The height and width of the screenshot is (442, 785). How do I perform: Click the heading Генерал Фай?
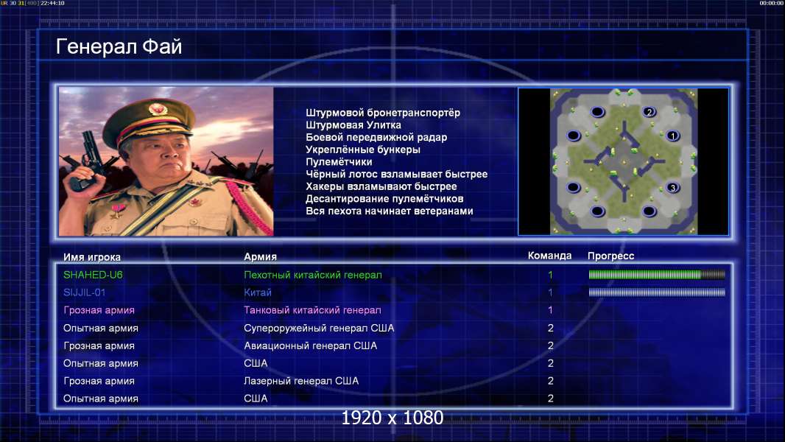(x=119, y=46)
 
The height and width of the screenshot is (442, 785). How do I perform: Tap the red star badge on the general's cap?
(x=157, y=108)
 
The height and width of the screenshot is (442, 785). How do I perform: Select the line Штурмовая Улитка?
(x=353, y=125)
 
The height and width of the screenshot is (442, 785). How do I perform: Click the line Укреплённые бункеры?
(x=363, y=150)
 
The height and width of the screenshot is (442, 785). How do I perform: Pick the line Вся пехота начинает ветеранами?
(x=389, y=211)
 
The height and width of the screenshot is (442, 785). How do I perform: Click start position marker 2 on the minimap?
(x=650, y=112)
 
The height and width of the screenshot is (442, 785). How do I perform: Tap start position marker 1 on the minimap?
(x=673, y=136)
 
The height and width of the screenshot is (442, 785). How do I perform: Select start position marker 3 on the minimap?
(x=673, y=188)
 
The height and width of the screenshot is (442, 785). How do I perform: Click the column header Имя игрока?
(x=91, y=257)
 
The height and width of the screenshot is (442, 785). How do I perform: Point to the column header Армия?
(x=260, y=257)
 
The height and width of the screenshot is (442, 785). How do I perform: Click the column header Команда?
(x=549, y=256)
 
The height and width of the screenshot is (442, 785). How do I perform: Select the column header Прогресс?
(x=610, y=256)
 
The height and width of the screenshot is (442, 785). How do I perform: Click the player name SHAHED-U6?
(x=93, y=275)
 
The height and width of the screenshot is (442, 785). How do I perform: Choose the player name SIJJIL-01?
(x=84, y=292)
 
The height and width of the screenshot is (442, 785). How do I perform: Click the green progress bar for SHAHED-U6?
(x=657, y=274)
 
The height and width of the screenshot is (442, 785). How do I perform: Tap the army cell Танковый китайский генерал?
(x=312, y=310)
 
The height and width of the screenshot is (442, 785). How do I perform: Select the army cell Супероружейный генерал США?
(x=319, y=329)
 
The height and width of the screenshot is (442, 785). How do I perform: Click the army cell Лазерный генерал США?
(x=301, y=381)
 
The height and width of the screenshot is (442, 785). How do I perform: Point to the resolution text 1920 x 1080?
(x=392, y=418)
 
